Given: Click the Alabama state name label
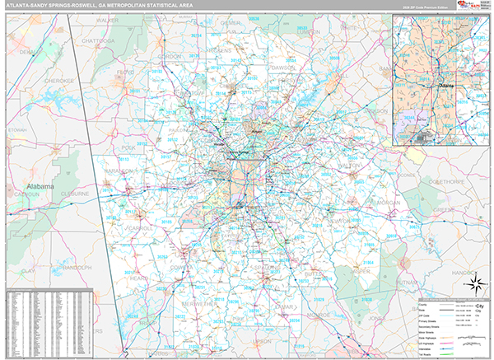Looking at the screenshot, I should [x=43, y=188].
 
